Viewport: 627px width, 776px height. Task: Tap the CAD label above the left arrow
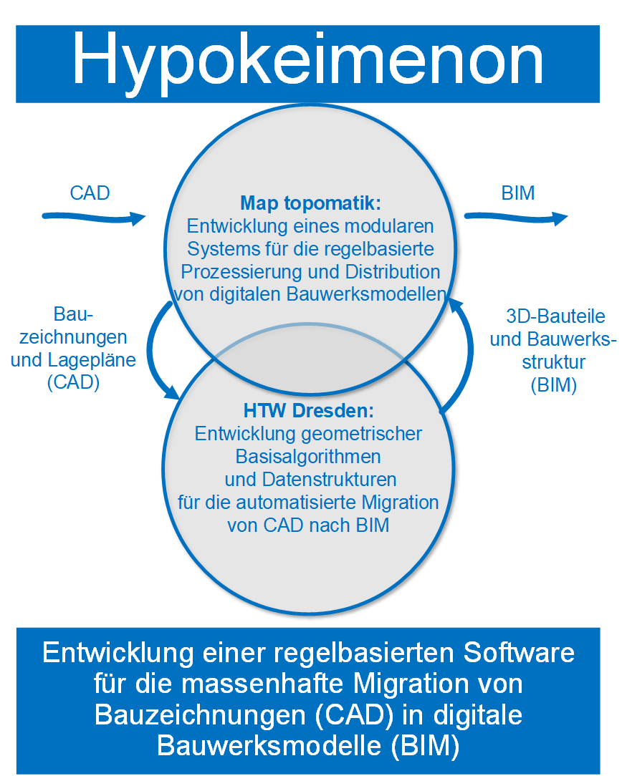pyautogui.click(x=90, y=193)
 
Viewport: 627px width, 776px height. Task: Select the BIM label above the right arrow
pyautogui.click(x=518, y=193)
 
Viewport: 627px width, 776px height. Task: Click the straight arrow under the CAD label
pyautogui.click(x=94, y=217)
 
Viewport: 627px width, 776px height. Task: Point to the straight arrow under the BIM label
pyautogui.click(x=516, y=217)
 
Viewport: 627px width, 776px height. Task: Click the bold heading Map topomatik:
pyautogui.click(x=310, y=203)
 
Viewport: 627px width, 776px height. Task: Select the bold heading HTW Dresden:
pyautogui.click(x=309, y=410)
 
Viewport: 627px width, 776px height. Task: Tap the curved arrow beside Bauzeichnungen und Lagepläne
pyautogui.click(x=153, y=349)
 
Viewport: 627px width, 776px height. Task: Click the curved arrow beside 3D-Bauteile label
pyautogui.click(x=467, y=354)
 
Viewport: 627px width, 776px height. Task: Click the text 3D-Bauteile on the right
pyautogui.click(x=555, y=316)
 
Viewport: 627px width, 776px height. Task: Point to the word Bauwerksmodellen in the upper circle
pyautogui.click(x=366, y=294)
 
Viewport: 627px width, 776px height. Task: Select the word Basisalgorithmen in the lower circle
pyautogui.click(x=308, y=456)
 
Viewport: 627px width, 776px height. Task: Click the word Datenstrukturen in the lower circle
pyautogui.click(x=329, y=480)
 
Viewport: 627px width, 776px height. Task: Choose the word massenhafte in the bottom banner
pyautogui.click(x=262, y=684)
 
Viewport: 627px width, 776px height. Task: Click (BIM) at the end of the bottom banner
pyautogui.click(x=425, y=746)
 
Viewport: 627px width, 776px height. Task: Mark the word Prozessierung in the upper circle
pyautogui.click(x=241, y=272)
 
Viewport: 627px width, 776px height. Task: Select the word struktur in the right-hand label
pyautogui.click(x=554, y=362)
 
